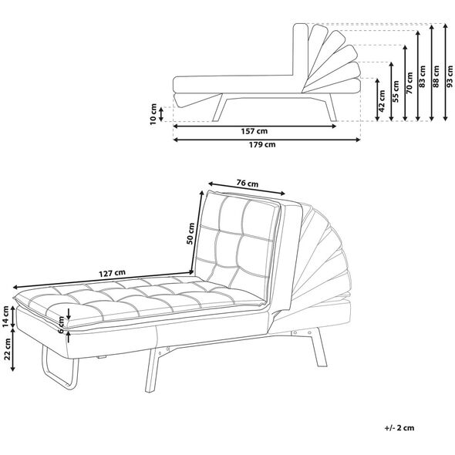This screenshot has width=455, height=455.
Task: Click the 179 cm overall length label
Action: pos(262,144)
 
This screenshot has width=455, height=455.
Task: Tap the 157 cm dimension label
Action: pos(254,131)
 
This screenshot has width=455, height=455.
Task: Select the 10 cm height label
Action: pos(153,114)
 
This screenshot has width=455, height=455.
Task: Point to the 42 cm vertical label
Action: pos(382,101)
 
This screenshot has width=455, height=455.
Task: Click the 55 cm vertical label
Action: pos(396,91)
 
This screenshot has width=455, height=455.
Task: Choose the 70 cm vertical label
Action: pos(410,83)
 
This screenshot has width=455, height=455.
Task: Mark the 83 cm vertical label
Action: pos(423,76)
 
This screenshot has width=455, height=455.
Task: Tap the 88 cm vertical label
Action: pos(436,76)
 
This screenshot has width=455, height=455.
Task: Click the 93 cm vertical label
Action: pos(450,76)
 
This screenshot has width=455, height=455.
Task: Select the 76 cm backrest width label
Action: pos(248,184)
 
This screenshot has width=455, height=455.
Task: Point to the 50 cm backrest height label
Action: pos(190,234)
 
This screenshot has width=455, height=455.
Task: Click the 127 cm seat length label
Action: pos(113,273)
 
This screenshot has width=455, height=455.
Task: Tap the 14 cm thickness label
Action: pos(6,317)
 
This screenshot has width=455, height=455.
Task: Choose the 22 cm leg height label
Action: pos(7,349)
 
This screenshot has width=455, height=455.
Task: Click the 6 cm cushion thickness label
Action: pos(61,325)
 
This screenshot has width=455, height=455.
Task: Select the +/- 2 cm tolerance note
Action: pos(399,427)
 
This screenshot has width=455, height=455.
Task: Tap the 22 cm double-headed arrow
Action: pos(13,349)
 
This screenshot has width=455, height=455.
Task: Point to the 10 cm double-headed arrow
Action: pos(162,114)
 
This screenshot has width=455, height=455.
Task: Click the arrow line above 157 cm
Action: pos(254,126)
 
